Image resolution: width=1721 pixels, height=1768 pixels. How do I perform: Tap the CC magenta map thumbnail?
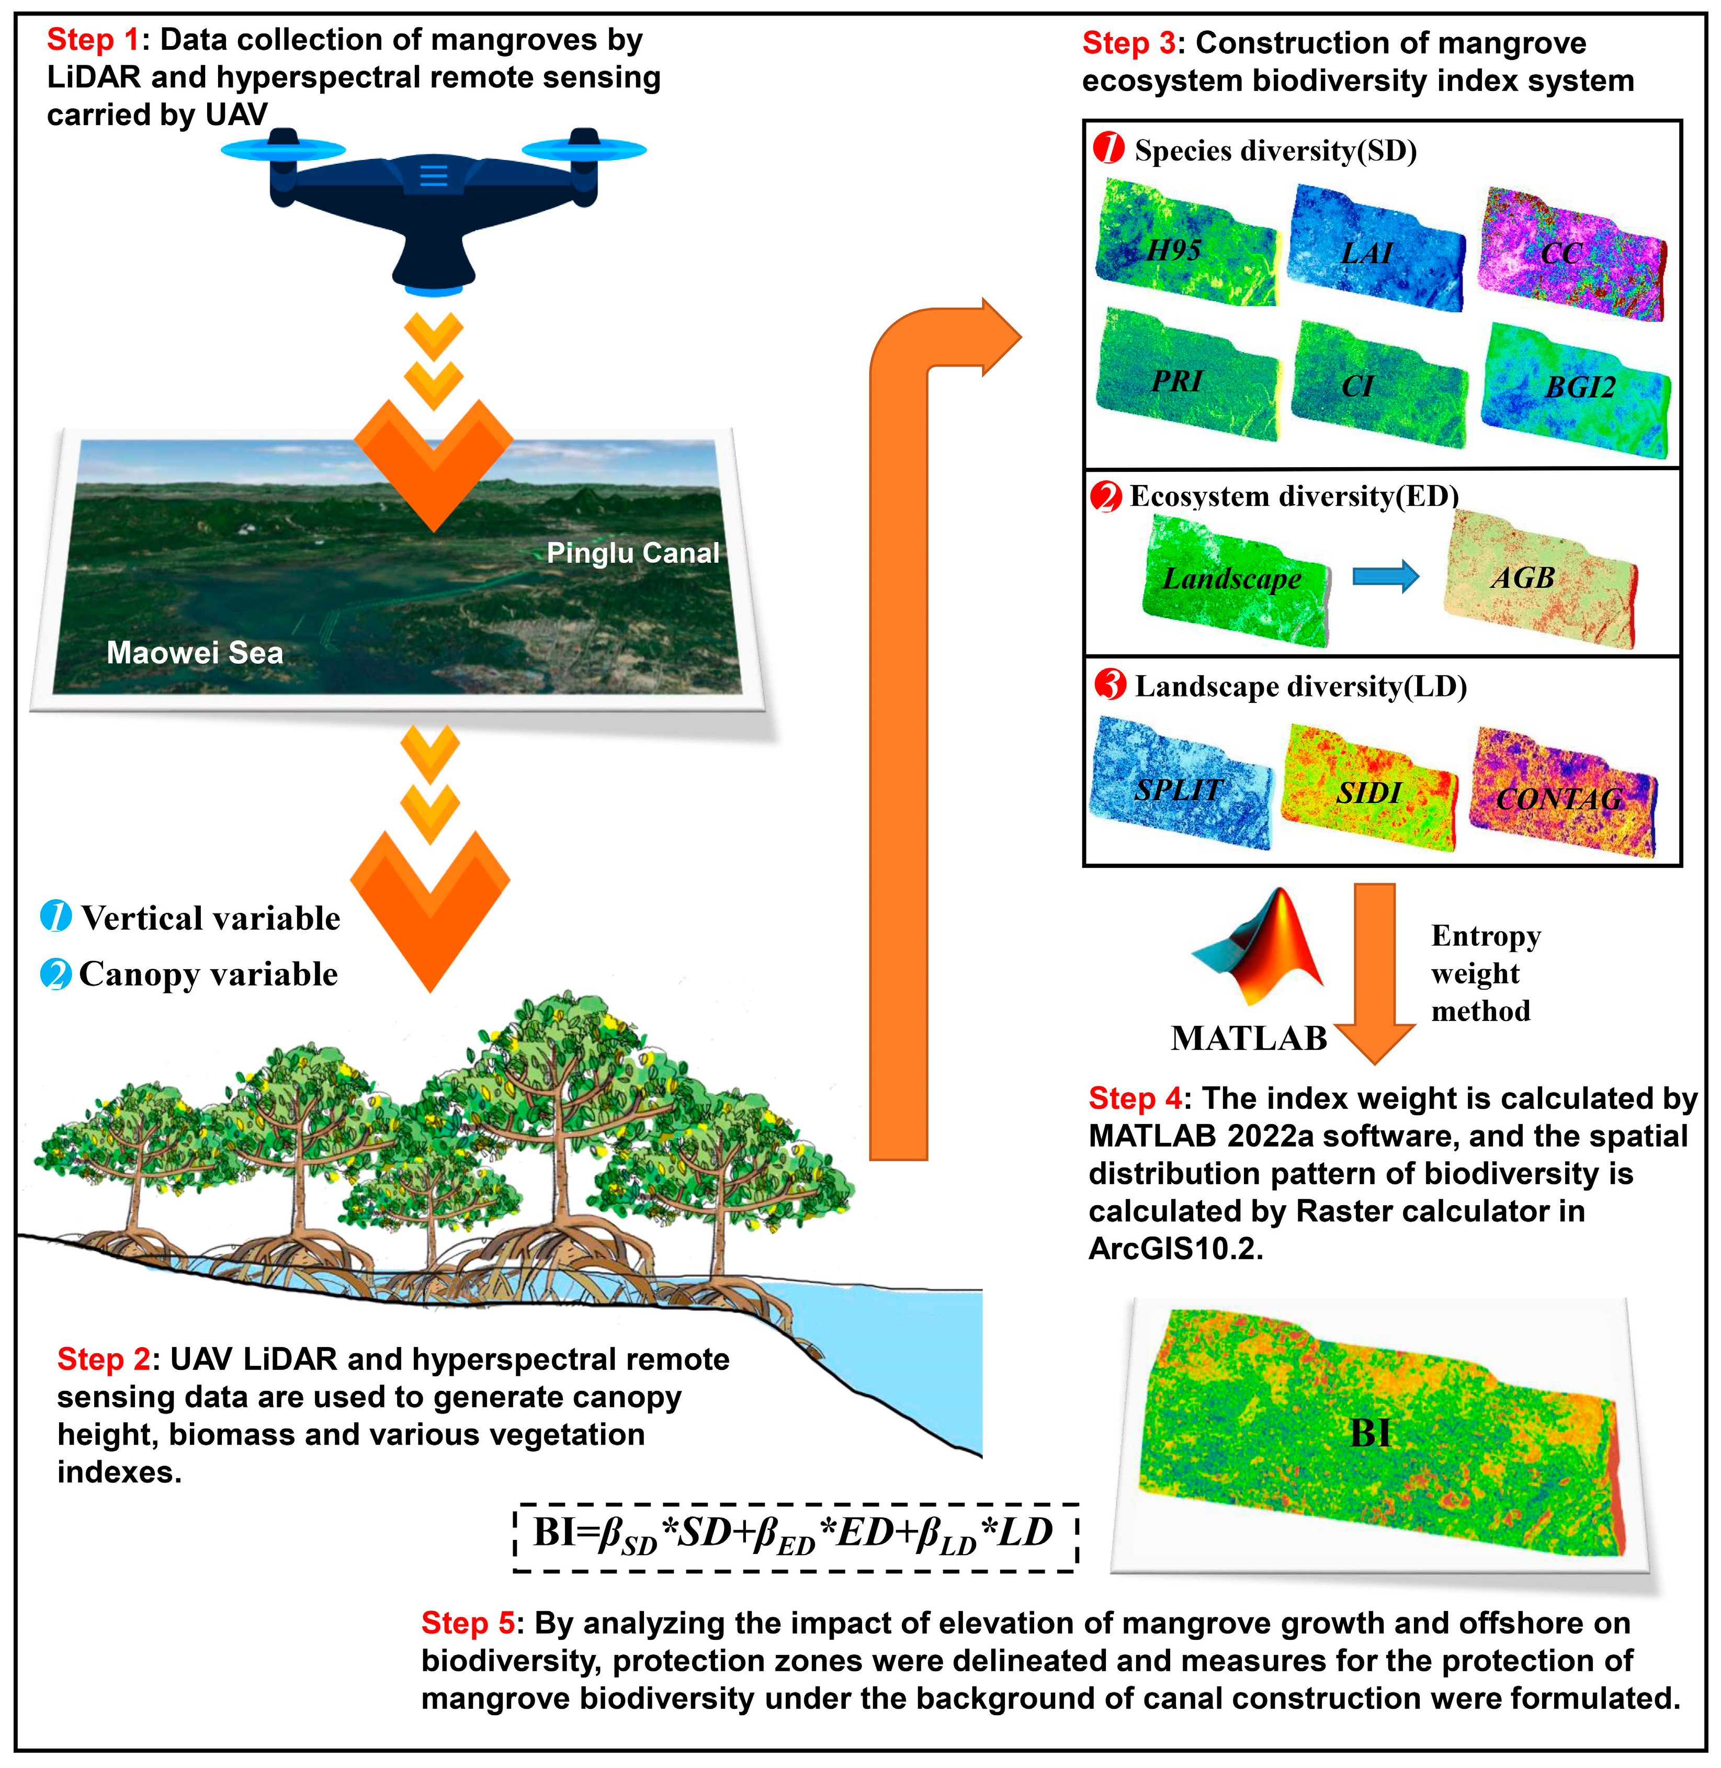(1571, 255)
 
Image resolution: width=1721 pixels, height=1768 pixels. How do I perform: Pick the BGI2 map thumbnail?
(1577, 389)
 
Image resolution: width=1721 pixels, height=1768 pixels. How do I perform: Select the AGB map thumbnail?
(1539, 579)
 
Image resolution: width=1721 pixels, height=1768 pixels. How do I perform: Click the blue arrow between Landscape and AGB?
(1385, 576)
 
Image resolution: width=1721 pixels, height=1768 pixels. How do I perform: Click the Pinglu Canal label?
(633, 552)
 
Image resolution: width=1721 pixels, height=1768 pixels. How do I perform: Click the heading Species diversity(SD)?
(1274, 150)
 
